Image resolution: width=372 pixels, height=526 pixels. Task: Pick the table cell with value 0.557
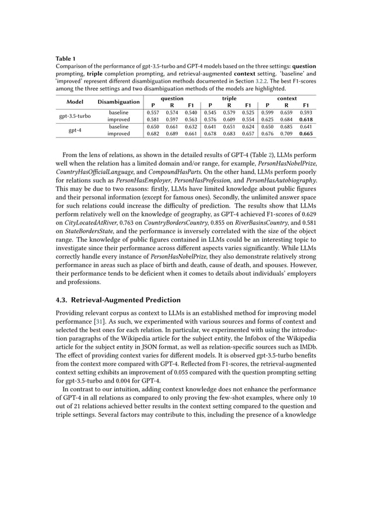coord(153,113)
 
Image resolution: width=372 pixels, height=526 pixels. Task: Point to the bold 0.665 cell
coord(306,134)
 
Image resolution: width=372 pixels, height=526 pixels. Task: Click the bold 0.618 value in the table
coord(306,120)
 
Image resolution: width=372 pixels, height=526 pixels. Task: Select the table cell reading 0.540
coord(191,113)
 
